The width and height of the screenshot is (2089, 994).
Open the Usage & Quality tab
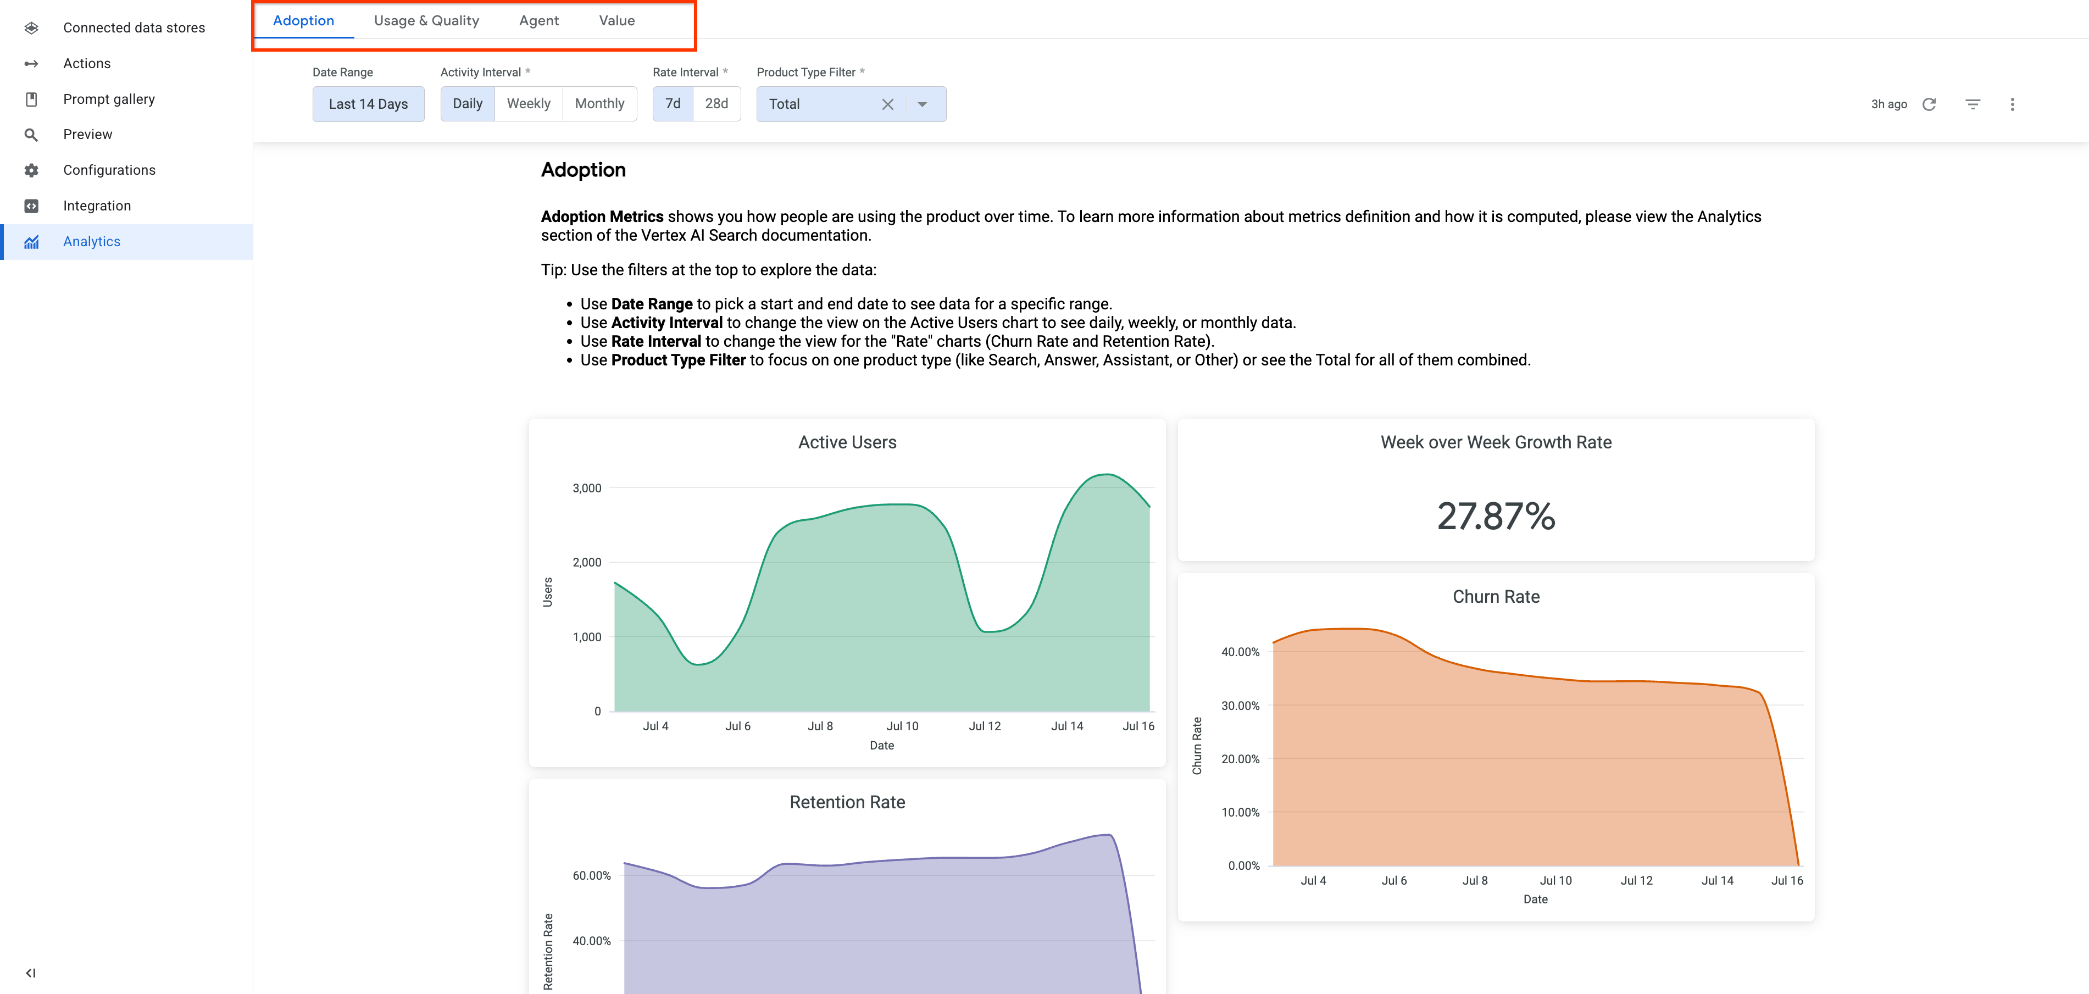click(x=426, y=21)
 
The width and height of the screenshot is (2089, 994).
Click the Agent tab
click(x=538, y=21)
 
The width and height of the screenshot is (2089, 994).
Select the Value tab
click(x=616, y=21)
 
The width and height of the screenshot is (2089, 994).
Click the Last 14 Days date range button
click(x=368, y=104)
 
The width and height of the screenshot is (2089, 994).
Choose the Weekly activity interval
click(x=528, y=104)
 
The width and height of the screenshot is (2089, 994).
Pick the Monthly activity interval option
click(x=599, y=104)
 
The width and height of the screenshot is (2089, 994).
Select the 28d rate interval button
click(x=716, y=104)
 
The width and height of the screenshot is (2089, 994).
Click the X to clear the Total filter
click(x=887, y=104)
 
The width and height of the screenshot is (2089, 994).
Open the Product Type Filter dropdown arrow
click(x=922, y=104)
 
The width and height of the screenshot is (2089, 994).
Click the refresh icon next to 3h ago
click(x=1929, y=104)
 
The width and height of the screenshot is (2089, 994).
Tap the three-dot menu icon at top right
click(x=2012, y=104)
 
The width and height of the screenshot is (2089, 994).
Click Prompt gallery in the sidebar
click(x=109, y=99)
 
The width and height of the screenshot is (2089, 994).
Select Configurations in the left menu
click(x=109, y=170)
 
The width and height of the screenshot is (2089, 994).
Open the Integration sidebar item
click(x=97, y=206)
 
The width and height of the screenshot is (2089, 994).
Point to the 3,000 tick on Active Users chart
click(x=586, y=488)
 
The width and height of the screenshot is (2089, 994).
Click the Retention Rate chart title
click(x=847, y=802)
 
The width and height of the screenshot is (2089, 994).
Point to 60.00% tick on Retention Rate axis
click(x=591, y=876)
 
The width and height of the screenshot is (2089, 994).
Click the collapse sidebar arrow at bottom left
click(x=30, y=973)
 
